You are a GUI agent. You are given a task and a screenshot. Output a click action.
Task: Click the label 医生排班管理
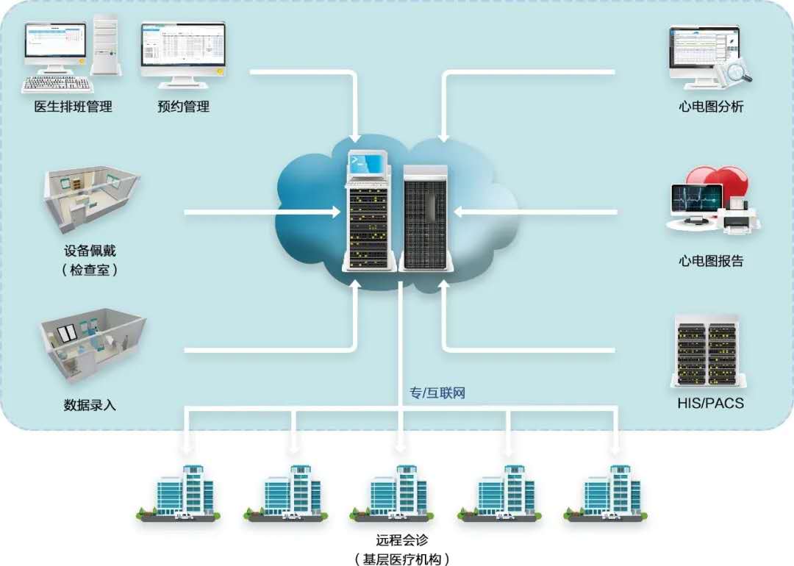pyautogui.click(x=74, y=107)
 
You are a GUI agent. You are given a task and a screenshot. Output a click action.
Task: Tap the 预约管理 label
pyautogui.click(x=183, y=107)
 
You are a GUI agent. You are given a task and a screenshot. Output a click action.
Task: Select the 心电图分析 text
pyautogui.click(x=711, y=107)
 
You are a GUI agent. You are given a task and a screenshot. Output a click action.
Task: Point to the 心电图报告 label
pyautogui.click(x=711, y=261)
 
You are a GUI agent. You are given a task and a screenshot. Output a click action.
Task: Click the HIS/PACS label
pyautogui.click(x=710, y=403)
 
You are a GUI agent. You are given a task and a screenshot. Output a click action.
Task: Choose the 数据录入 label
pyautogui.click(x=90, y=404)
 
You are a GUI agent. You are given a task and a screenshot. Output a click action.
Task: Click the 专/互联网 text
pyautogui.click(x=437, y=393)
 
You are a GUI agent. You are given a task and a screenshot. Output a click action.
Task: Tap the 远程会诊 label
pyautogui.click(x=401, y=539)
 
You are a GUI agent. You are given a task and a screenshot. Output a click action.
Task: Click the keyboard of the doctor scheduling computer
pyautogui.click(x=55, y=83)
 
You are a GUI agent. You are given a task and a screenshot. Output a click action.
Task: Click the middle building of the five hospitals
pyautogui.click(x=398, y=492)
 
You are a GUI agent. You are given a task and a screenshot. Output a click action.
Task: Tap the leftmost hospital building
pyautogui.click(x=184, y=492)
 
